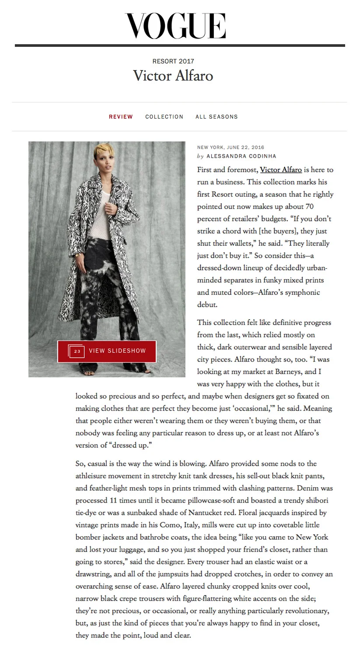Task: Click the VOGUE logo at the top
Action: click(175, 26)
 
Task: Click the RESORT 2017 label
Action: click(173, 61)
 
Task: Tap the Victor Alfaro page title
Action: click(173, 76)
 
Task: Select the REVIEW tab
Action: click(121, 117)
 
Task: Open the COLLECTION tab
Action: click(164, 117)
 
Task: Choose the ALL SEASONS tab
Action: click(217, 117)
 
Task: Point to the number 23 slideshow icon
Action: click(77, 351)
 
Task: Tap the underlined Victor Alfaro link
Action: click(281, 170)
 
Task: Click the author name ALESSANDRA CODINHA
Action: click(241, 156)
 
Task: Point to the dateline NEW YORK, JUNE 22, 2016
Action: click(231, 148)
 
